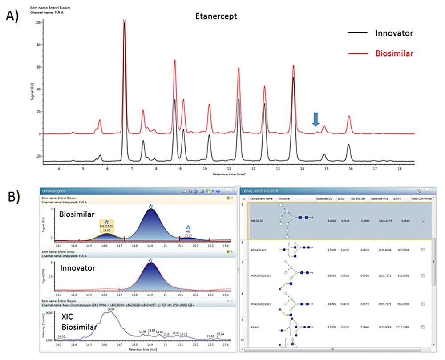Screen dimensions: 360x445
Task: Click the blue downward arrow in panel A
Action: point(316,119)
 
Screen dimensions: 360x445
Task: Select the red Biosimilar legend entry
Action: point(394,53)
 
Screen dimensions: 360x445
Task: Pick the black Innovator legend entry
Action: point(393,33)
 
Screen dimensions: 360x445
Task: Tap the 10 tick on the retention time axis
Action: point(204,169)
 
